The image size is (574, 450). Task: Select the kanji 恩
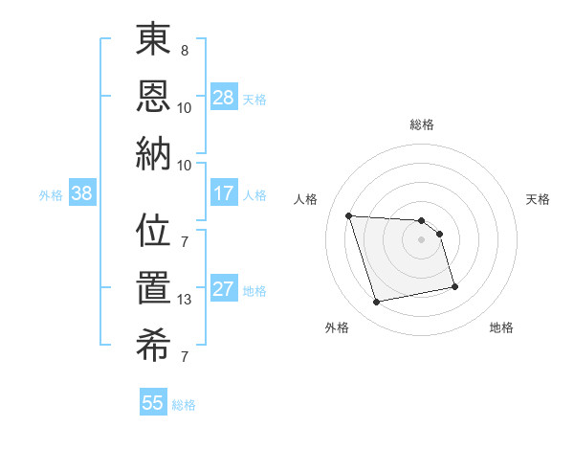click(x=154, y=98)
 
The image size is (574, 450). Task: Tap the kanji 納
click(x=154, y=153)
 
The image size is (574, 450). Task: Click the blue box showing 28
click(x=224, y=97)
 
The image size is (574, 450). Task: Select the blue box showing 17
click(x=224, y=193)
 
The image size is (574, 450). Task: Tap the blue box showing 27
click(x=224, y=290)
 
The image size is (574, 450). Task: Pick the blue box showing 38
click(x=82, y=194)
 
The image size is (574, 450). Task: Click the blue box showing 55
click(x=153, y=403)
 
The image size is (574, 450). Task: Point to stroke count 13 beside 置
click(x=185, y=300)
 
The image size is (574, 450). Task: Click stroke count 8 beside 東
click(x=185, y=51)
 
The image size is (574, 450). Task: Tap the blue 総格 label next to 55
click(x=184, y=405)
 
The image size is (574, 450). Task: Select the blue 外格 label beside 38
click(x=51, y=195)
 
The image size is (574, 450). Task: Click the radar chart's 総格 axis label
click(x=422, y=124)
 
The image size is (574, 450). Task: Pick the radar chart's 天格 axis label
click(x=539, y=199)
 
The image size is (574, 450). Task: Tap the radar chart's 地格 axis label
click(x=501, y=327)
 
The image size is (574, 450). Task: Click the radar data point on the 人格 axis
click(x=348, y=215)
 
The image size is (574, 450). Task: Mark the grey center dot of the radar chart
click(x=422, y=239)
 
